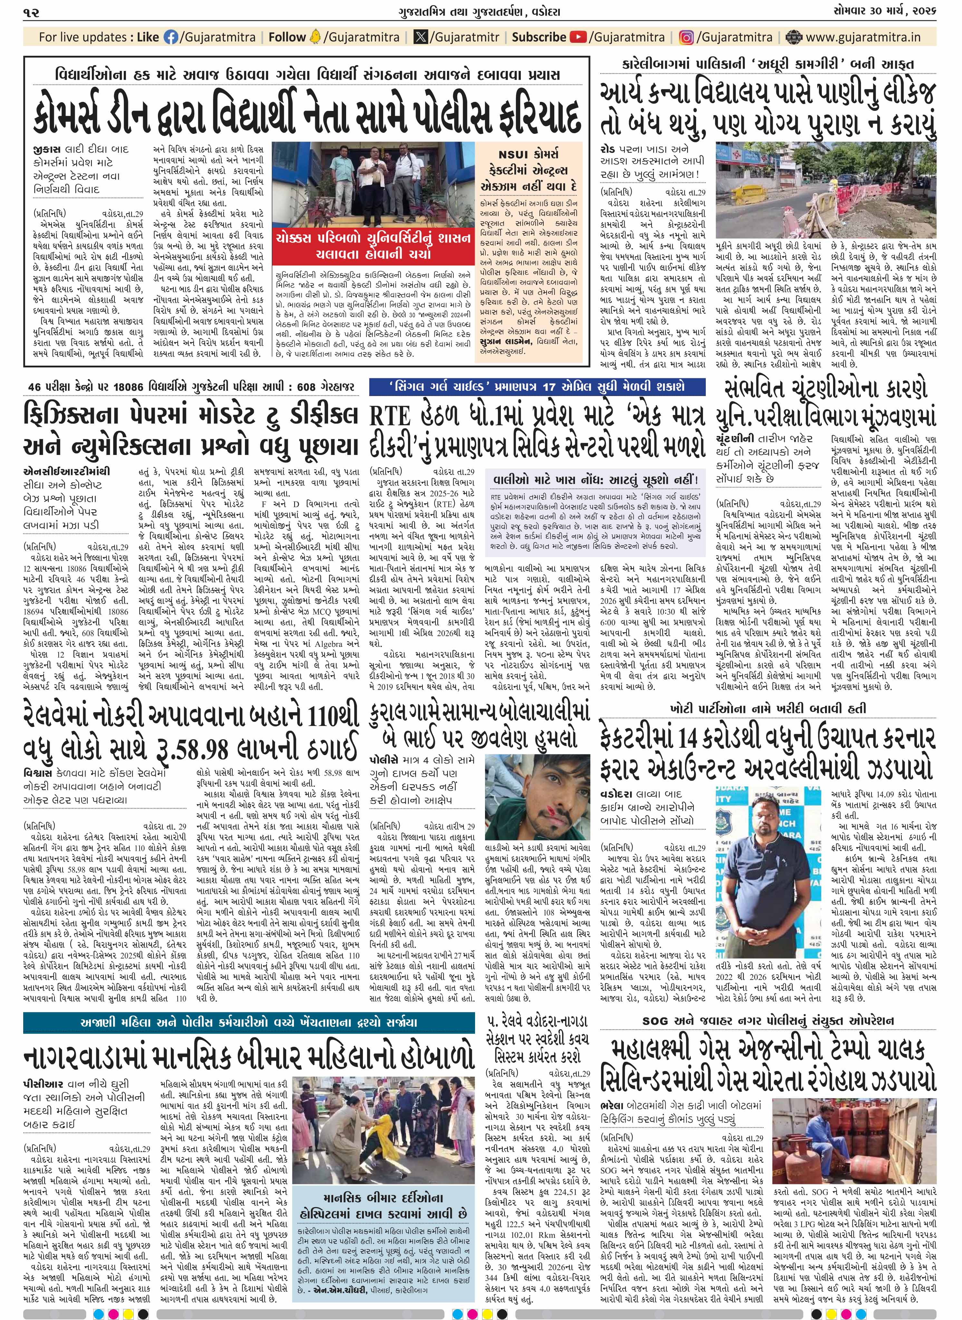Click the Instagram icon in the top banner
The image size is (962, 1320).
coord(687,37)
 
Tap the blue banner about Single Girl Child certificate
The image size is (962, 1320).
coord(537,386)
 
